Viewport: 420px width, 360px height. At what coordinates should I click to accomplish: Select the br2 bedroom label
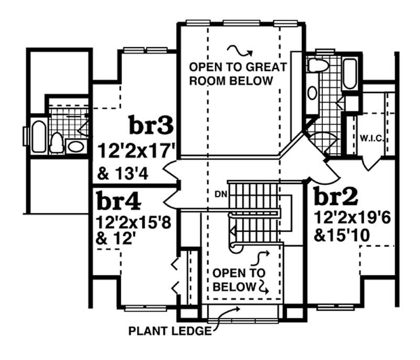[336, 197]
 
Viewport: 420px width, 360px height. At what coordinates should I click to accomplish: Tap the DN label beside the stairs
[221, 193]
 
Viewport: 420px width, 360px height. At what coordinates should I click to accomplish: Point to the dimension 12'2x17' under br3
[135, 152]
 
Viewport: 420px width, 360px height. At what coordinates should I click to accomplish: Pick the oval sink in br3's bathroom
[75, 146]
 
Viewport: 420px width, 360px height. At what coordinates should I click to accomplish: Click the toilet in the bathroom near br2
[317, 66]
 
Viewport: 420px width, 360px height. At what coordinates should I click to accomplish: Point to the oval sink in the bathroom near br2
[312, 93]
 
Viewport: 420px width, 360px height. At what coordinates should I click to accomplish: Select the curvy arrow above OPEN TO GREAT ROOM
[239, 50]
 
